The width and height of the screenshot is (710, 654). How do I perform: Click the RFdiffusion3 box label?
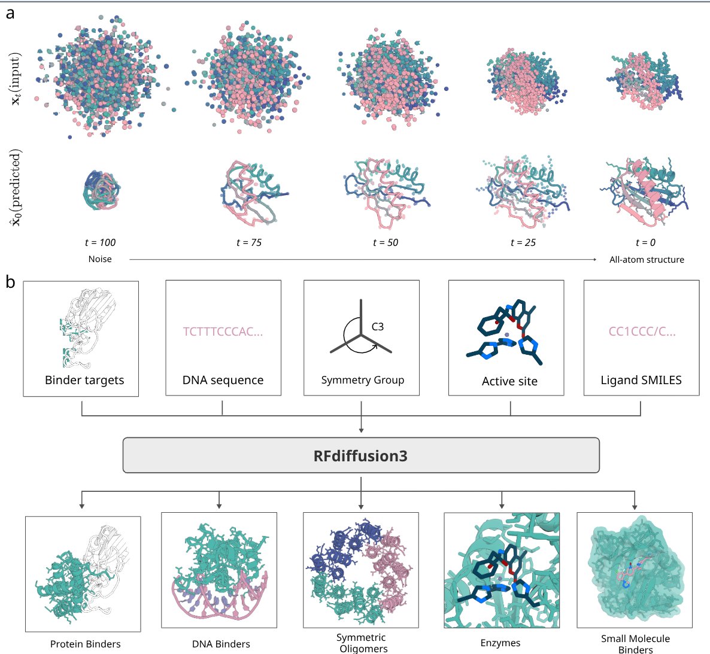pyautogui.click(x=360, y=456)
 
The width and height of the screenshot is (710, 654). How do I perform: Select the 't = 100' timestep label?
pyautogui.click(x=100, y=242)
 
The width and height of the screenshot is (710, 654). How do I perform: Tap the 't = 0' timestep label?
pyautogui.click(x=645, y=242)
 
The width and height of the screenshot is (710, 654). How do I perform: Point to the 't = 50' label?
pyautogui.click(x=386, y=242)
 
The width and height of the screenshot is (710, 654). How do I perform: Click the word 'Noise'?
pyautogui.click(x=100, y=259)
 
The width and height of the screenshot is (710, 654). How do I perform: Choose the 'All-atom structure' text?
pyautogui.click(x=647, y=260)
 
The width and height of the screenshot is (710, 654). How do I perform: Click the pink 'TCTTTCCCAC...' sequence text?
pyautogui.click(x=223, y=331)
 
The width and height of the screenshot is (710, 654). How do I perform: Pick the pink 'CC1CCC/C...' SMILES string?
pyautogui.click(x=642, y=331)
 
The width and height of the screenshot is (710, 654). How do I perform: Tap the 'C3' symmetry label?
pyautogui.click(x=378, y=327)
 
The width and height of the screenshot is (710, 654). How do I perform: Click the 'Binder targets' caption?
pyautogui.click(x=84, y=380)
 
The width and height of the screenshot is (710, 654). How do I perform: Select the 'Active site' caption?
pyautogui.click(x=509, y=381)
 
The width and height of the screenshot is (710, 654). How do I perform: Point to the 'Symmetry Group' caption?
pyautogui.click(x=363, y=380)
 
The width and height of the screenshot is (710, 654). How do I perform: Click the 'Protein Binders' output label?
pyautogui.click(x=86, y=644)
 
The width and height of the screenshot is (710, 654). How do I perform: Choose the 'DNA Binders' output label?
pyautogui.click(x=221, y=644)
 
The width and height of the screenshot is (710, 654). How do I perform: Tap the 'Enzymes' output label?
pyautogui.click(x=500, y=643)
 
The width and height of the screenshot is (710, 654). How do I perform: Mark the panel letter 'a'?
pyautogui.click(x=10, y=13)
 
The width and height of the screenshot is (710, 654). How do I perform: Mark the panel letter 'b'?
pyautogui.click(x=10, y=281)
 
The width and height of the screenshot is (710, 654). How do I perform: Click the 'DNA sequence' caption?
pyautogui.click(x=223, y=380)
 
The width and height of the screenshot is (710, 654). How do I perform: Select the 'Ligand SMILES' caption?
pyautogui.click(x=641, y=380)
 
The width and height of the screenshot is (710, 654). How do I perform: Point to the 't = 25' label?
pyautogui.click(x=523, y=242)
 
